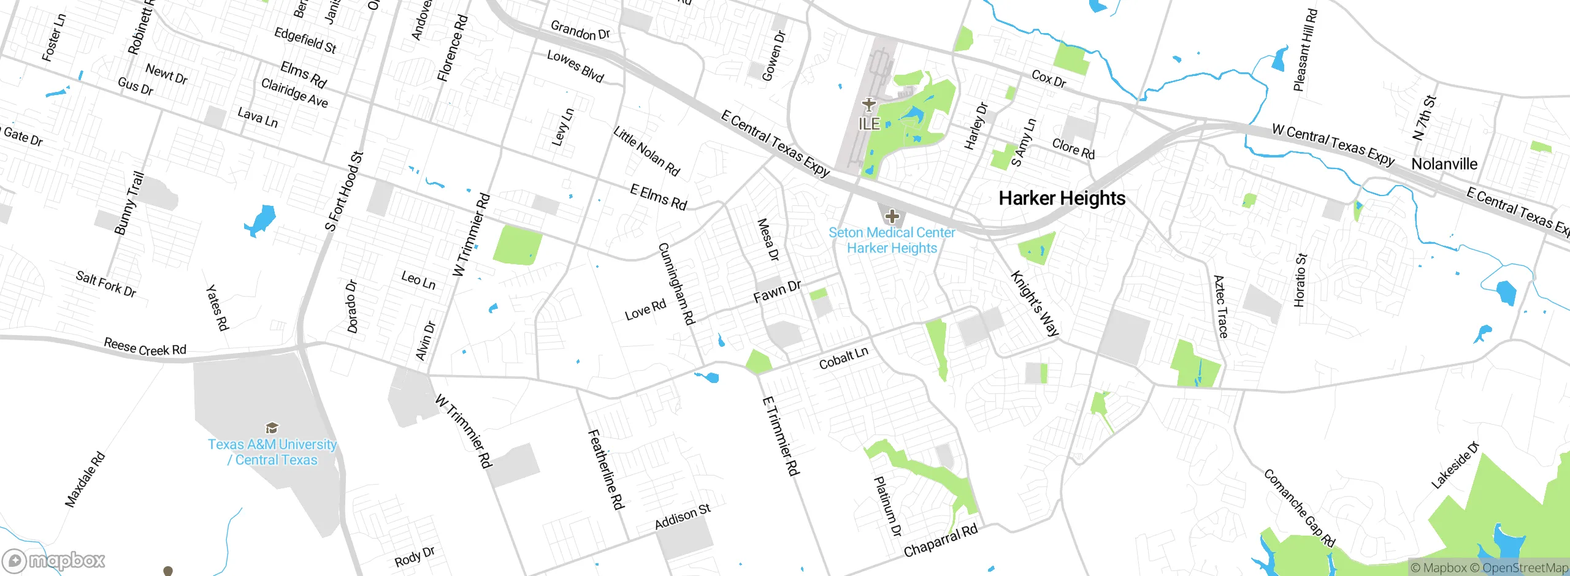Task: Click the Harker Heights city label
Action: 1062,199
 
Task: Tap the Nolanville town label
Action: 1444,164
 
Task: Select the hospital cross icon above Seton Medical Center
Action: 892,216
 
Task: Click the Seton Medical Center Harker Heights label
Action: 892,240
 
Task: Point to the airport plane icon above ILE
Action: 868,105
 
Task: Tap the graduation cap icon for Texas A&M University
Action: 272,428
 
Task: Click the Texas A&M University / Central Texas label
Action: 272,452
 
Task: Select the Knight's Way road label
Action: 1035,303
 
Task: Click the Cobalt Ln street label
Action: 843,358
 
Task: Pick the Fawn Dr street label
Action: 776,292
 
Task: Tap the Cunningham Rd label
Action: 676,284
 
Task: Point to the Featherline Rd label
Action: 606,469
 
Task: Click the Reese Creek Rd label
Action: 145,347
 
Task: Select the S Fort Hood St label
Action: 344,191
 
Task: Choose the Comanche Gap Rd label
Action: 1299,508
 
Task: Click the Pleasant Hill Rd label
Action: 1304,50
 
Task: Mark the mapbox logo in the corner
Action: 54,561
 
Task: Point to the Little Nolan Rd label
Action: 646,151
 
